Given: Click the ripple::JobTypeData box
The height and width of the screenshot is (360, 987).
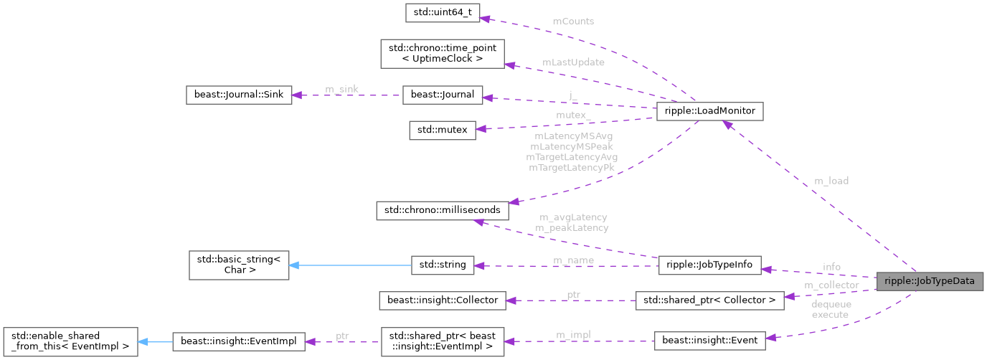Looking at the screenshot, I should pyautogui.click(x=930, y=281).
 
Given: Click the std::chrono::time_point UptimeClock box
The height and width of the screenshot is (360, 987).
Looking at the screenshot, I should pyautogui.click(x=442, y=54).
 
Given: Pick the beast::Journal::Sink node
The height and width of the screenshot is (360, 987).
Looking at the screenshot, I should pyautogui.click(x=238, y=95).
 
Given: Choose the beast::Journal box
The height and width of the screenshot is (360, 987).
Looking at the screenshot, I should pyautogui.click(x=443, y=95).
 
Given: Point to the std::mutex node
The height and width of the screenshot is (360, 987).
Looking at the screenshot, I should pyautogui.click(x=442, y=130).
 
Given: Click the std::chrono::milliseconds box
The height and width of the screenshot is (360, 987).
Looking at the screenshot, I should pyautogui.click(x=443, y=210).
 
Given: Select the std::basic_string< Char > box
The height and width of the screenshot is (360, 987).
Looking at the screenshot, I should pyautogui.click(x=238, y=265).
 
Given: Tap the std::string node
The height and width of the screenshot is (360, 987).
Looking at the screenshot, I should pyautogui.click(x=443, y=265).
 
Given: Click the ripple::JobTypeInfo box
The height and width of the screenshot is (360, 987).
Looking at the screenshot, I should pyautogui.click(x=709, y=265).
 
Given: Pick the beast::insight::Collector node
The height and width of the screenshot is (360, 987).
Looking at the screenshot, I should pyautogui.click(x=443, y=300).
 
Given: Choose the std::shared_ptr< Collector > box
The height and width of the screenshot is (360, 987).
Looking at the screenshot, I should pyautogui.click(x=709, y=300).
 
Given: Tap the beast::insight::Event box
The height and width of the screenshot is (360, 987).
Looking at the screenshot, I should pyautogui.click(x=709, y=341).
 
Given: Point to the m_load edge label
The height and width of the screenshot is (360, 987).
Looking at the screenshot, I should pyautogui.click(x=831, y=181).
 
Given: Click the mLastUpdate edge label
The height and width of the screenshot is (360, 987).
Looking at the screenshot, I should pyautogui.click(x=572, y=62).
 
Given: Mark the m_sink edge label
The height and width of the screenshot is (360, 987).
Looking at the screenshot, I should pyautogui.click(x=341, y=88).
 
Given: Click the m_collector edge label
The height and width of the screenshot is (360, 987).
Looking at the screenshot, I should pyautogui.click(x=831, y=285).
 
